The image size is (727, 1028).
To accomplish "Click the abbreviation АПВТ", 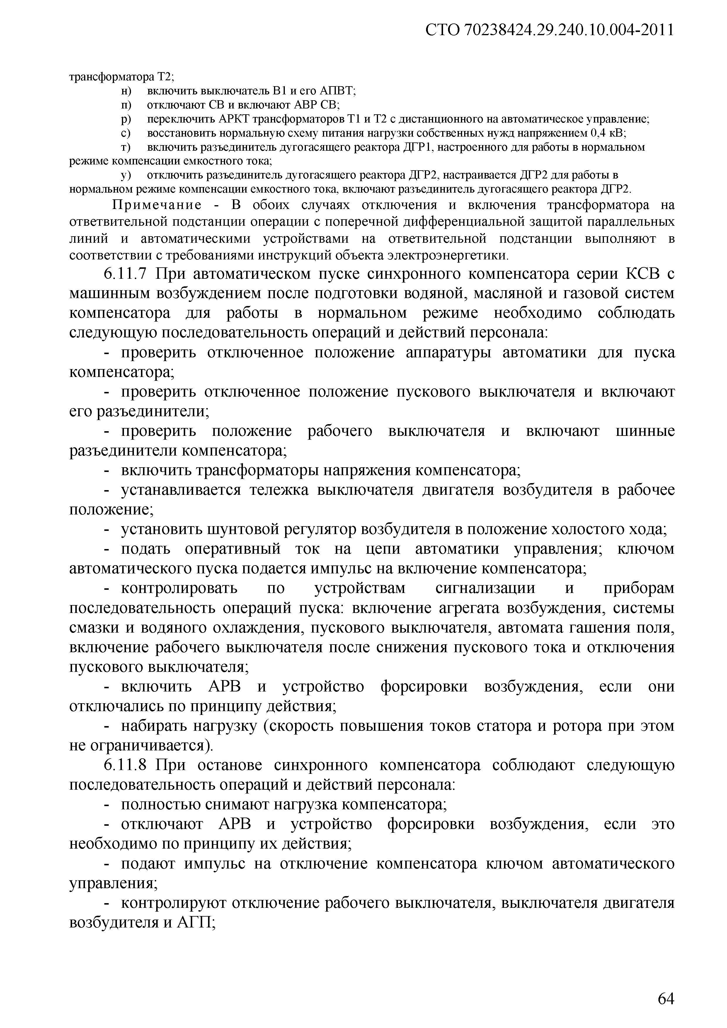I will tap(337, 91).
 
